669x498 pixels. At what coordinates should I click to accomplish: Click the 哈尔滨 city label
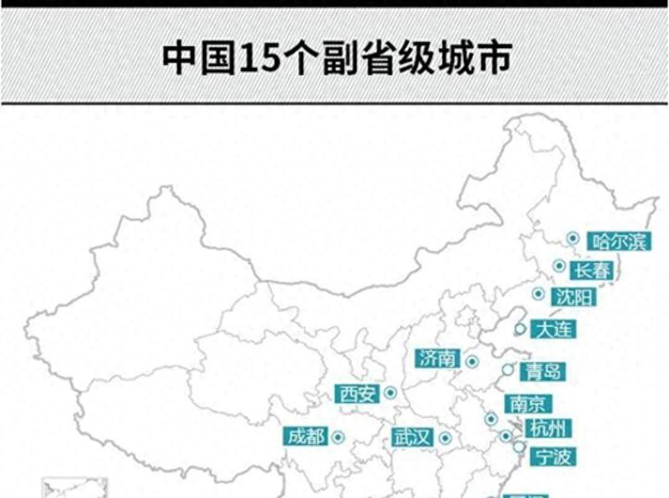619,240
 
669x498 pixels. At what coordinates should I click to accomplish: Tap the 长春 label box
591,270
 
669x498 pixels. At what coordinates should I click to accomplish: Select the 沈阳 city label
574,297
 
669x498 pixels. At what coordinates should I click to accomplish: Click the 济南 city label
438,358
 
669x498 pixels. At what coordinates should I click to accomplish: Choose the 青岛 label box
542,371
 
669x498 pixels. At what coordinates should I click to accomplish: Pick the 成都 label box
306,437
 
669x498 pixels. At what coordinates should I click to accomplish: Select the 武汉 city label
412,437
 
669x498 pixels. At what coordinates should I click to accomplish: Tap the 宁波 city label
553,457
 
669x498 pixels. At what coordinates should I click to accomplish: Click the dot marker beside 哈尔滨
573,238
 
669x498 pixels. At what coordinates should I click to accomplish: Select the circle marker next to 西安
390,392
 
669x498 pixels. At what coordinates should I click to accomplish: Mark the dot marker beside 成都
338,437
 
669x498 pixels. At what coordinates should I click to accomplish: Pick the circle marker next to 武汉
444,438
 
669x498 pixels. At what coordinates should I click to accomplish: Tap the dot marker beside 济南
472,360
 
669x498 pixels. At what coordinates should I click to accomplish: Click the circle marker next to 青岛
508,370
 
